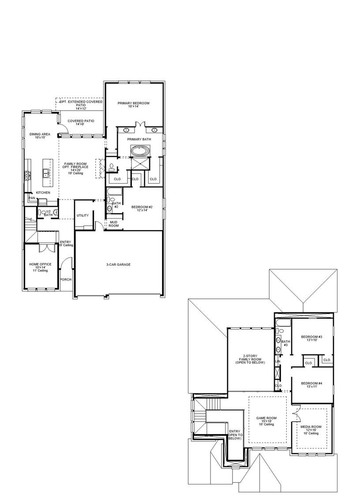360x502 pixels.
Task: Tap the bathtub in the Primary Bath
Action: click(x=140, y=151)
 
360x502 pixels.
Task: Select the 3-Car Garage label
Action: click(x=118, y=264)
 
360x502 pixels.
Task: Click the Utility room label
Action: click(x=82, y=215)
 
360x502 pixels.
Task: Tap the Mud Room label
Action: click(x=114, y=224)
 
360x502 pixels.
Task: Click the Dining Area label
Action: click(x=39, y=136)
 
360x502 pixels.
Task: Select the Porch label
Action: click(x=66, y=279)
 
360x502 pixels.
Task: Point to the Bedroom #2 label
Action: click(x=142, y=208)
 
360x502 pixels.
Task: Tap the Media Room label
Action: click(x=311, y=430)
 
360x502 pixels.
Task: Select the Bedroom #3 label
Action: click(x=311, y=339)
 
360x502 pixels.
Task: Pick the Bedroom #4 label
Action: click(x=311, y=385)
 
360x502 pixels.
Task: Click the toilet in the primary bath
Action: click(x=112, y=167)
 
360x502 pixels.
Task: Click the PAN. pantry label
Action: click(x=32, y=198)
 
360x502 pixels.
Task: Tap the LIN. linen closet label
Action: click(x=278, y=362)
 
